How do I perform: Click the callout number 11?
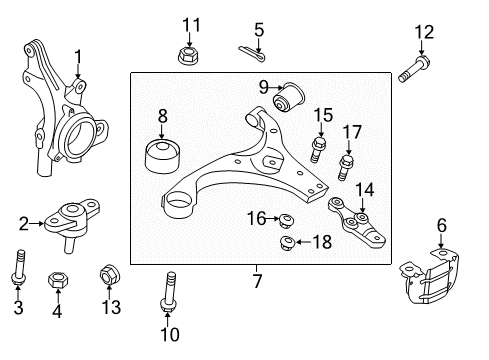[192, 25]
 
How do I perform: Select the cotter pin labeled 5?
[252, 53]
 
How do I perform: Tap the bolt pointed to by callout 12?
[414, 69]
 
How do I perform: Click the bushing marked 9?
[289, 98]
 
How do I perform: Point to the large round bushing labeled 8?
[163, 156]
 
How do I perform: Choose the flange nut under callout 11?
[188, 56]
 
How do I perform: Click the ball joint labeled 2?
[72, 223]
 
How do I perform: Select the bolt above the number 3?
[19, 268]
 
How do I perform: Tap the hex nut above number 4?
[58, 279]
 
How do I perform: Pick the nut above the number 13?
[110, 275]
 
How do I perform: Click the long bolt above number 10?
[169, 292]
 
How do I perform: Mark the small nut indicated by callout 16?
[286, 221]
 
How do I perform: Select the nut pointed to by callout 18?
[287, 243]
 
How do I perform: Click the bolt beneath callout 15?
[318, 150]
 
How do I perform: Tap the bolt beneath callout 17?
[345, 168]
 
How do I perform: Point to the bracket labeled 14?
[357, 222]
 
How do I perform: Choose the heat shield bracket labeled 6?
[430, 276]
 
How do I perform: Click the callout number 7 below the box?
[257, 281]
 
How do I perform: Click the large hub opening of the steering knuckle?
[79, 136]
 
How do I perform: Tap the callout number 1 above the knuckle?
[78, 57]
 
